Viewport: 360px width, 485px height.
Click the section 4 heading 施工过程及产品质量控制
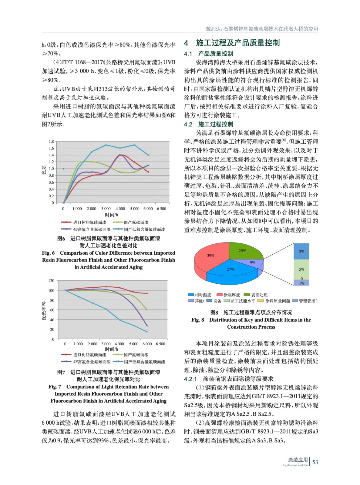point(237,43)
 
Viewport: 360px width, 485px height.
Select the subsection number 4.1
point(188,54)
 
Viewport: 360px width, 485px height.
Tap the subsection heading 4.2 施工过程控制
point(208,124)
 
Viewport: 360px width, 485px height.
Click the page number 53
point(315,462)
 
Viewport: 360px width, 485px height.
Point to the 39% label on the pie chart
point(210,256)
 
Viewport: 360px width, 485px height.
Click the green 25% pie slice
point(244,251)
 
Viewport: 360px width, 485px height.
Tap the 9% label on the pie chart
point(252,263)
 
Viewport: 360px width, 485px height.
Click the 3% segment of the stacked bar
point(301,252)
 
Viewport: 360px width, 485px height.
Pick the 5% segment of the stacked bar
point(301,269)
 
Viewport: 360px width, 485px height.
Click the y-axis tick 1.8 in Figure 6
point(51,142)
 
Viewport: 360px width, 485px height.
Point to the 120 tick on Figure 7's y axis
point(51,281)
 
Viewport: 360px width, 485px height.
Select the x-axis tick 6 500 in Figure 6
point(161,209)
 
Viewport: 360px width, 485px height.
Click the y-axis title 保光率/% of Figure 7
point(44,311)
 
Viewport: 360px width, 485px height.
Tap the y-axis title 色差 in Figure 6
point(44,170)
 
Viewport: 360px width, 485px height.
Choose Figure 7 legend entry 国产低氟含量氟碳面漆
point(144,362)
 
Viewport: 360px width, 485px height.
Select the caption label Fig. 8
point(198,320)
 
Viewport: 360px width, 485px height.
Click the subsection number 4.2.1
point(190,379)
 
